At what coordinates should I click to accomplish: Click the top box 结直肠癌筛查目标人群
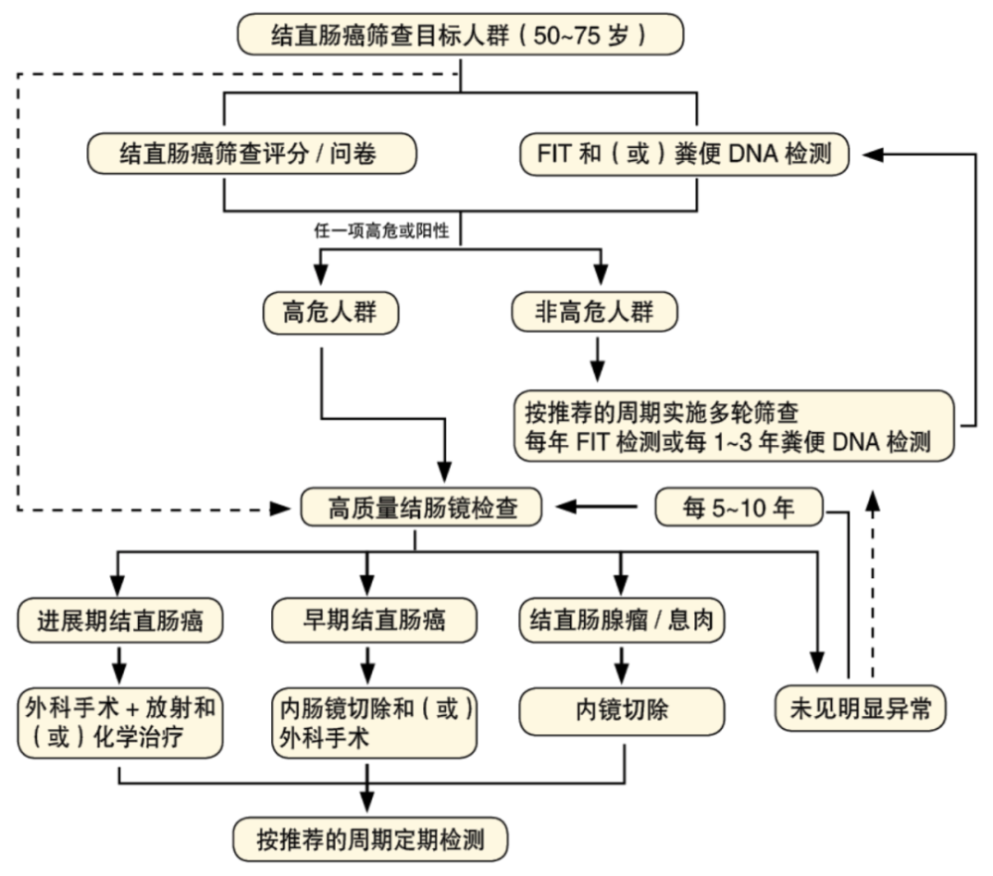[460, 36]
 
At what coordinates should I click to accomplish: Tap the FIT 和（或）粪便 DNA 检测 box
[685, 154]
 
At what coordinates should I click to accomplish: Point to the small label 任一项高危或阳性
[381, 231]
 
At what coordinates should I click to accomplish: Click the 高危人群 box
[330, 312]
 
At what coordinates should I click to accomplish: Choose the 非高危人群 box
[594, 312]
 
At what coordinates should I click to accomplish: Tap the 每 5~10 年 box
[739, 509]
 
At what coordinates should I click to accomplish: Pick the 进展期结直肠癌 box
[119, 622]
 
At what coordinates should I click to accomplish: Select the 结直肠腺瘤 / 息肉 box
[623, 622]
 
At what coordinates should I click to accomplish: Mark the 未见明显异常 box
[860, 709]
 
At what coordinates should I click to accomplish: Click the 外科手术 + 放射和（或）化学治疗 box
[119, 722]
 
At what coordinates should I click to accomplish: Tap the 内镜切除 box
[623, 710]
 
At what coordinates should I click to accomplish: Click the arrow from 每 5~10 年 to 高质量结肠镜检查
[596, 508]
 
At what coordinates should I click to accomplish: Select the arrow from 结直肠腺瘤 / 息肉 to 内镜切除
[623, 661]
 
